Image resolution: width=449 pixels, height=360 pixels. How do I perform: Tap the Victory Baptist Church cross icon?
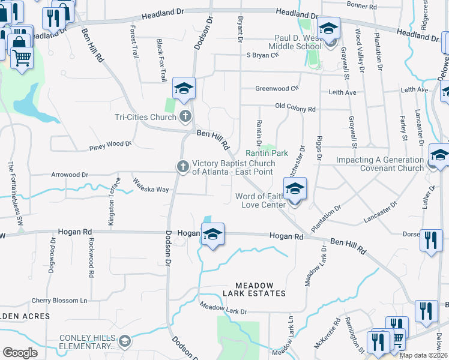(182, 166)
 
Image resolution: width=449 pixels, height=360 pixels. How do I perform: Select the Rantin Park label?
(267, 154)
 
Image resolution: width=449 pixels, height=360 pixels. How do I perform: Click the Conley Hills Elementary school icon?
(124, 342)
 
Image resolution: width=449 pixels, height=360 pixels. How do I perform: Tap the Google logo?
(20, 353)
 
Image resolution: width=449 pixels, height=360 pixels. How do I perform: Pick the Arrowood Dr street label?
(69, 175)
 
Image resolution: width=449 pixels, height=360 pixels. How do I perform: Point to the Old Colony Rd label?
(295, 109)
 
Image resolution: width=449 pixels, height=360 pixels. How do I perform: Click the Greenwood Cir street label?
(277, 88)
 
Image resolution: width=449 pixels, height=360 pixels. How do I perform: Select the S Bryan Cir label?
(263, 55)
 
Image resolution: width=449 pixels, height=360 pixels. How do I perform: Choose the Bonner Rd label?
(361, 5)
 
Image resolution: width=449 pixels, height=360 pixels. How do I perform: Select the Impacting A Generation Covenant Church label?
(379, 164)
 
